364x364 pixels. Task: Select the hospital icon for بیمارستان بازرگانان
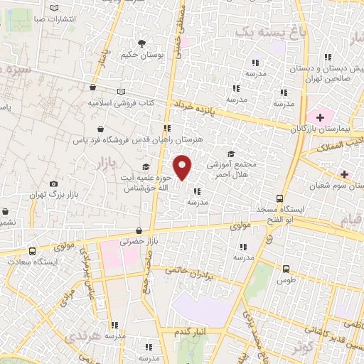[320, 116]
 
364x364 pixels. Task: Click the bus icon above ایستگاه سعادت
[32, 250]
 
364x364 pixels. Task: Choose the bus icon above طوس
[286, 269]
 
